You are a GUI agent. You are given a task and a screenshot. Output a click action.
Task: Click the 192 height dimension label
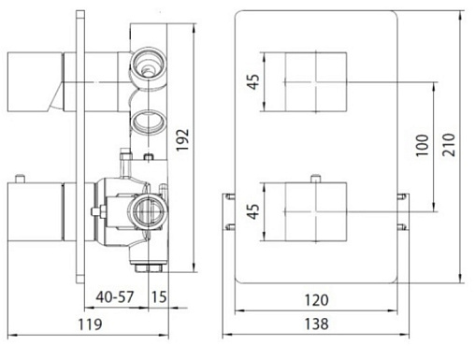coord(183,139)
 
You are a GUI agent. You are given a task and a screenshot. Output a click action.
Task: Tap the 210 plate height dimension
coord(449,145)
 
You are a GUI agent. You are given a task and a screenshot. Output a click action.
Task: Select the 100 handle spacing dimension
coord(423,145)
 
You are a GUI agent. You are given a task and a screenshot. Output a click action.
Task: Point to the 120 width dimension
coord(316,300)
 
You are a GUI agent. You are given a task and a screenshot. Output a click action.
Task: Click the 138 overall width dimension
coord(316,324)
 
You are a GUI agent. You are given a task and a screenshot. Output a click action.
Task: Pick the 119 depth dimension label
coord(90,324)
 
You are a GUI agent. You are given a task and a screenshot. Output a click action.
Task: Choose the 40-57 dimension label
coord(115,296)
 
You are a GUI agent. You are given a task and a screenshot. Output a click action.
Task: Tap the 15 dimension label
coord(159,296)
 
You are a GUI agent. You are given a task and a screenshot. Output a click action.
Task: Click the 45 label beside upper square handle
coord(254,81)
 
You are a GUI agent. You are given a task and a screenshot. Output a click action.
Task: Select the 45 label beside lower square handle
coord(254,211)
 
